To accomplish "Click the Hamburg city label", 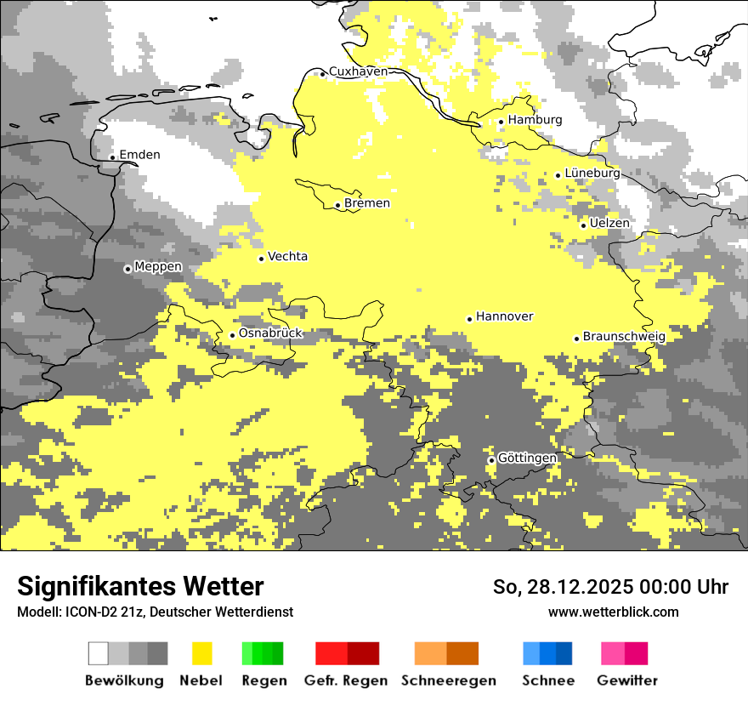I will (x=535, y=120).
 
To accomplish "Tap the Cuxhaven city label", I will (x=358, y=71).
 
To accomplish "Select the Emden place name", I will (x=139, y=155).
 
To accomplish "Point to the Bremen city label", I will (x=367, y=203).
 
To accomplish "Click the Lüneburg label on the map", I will (x=592, y=174).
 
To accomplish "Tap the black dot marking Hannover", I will (x=469, y=319).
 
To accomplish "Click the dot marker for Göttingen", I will (x=491, y=460).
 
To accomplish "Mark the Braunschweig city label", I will (x=624, y=337).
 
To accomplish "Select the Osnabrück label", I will (x=270, y=333).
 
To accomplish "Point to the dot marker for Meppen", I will (x=127, y=269).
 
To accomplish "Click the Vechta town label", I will (x=288, y=257).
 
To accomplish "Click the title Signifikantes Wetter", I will (x=140, y=587).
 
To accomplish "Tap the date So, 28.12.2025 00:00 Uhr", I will (x=610, y=587).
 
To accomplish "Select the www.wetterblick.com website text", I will (x=613, y=612).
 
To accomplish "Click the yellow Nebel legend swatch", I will (x=201, y=653).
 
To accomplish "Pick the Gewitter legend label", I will (x=627, y=680).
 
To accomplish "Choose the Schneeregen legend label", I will (x=449, y=680).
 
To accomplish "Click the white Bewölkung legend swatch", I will (x=99, y=653).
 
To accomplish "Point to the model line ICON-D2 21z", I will (x=155, y=612).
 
